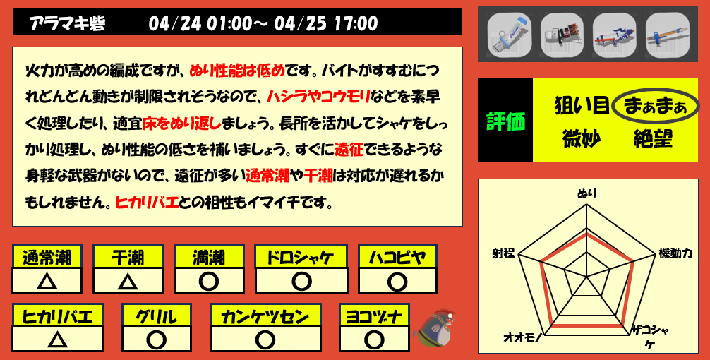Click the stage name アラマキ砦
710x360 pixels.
67,23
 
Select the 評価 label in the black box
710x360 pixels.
505,121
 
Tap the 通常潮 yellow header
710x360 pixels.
47,257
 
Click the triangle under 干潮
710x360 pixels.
128,281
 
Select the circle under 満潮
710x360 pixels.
208,281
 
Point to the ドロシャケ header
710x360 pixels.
302,257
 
